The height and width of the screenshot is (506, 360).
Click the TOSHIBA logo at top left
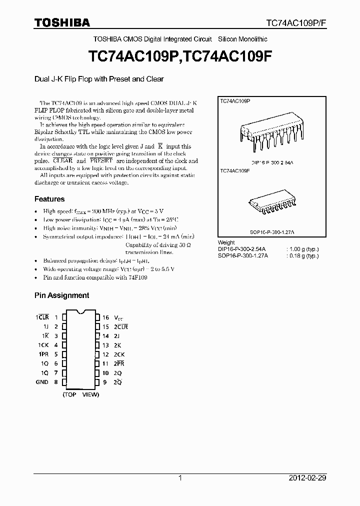[x=62, y=22]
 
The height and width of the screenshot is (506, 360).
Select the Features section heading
[x=49, y=199]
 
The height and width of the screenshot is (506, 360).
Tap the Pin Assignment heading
[x=61, y=295]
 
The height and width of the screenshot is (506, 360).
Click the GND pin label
[x=42, y=382]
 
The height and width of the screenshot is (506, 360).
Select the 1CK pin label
[x=43, y=345]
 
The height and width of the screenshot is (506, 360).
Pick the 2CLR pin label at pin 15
[x=121, y=326]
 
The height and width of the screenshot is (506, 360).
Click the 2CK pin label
[x=119, y=354]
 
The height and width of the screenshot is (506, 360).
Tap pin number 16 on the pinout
[x=105, y=317]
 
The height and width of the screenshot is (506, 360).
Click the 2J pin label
[x=117, y=336]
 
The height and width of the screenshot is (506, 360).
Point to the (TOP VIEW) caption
[x=80, y=394]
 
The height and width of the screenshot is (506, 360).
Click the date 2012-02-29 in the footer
[x=307, y=478]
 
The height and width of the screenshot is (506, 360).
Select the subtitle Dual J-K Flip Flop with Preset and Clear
[x=99, y=79]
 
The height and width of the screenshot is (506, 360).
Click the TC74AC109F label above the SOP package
[x=235, y=171]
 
